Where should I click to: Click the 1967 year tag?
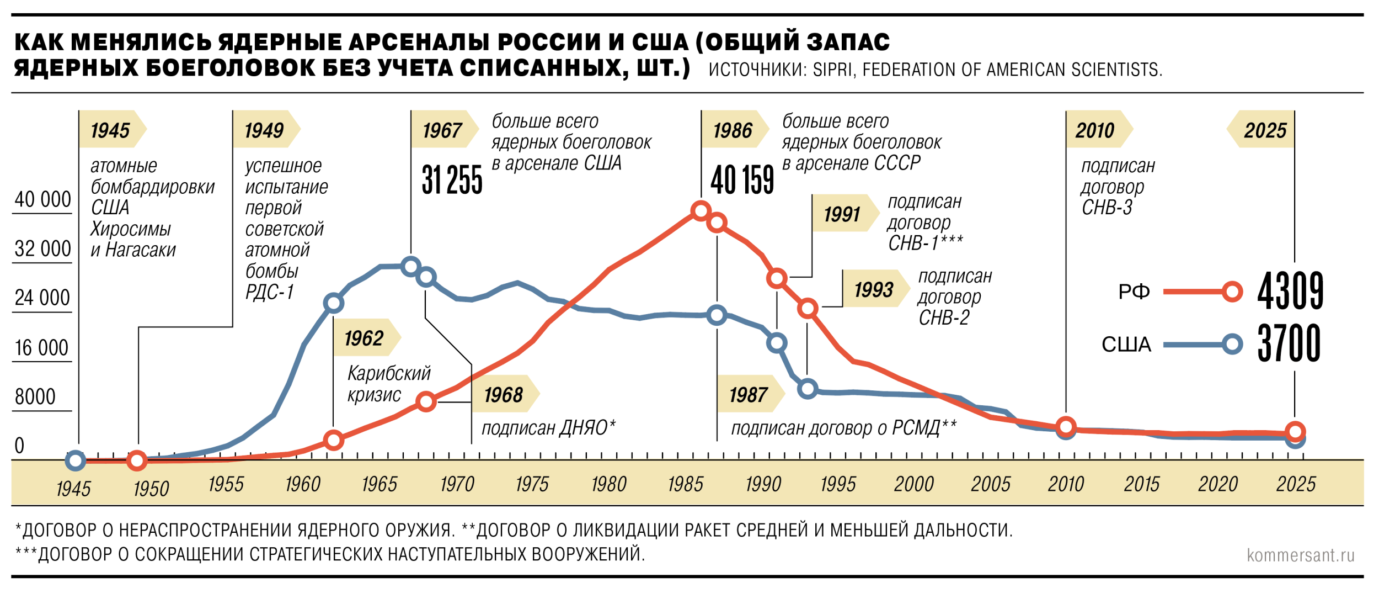pyautogui.click(x=442, y=130)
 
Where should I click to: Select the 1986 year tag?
pyautogui.click(x=733, y=130)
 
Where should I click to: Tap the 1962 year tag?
pyautogui.click(x=364, y=338)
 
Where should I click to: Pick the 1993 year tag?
pyautogui.click(x=873, y=289)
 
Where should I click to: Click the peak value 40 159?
pyautogui.click(x=742, y=180)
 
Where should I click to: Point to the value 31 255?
pyautogui.click(x=452, y=180)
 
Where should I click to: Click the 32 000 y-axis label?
pyautogui.click(x=42, y=248)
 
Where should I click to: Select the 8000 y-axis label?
pyautogui.click(x=35, y=396)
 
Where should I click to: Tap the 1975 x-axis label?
pyautogui.click(x=532, y=484)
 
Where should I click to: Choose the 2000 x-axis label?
pyautogui.click(x=913, y=484)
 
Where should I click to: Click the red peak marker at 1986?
pyautogui.click(x=701, y=210)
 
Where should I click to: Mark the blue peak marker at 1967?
pyautogui.click(x=410, y=267)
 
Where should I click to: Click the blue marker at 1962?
pyautogui.click(x=333, y=303)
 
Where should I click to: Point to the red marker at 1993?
pyautogui.click(x=808, y=308)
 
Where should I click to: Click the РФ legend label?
pyautogui.click(x=1134, y=292)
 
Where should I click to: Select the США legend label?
pyautogui.click(x=1126, y=345)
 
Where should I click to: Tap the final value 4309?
pyautogui.click(x=1290, y=290)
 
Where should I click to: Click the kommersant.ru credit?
pyautogui.click(x=1300, y=555)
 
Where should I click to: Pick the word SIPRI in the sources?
pyautogui.click(x=832, y=70)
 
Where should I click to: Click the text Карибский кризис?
pyautogui.click(x=388, y=384)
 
